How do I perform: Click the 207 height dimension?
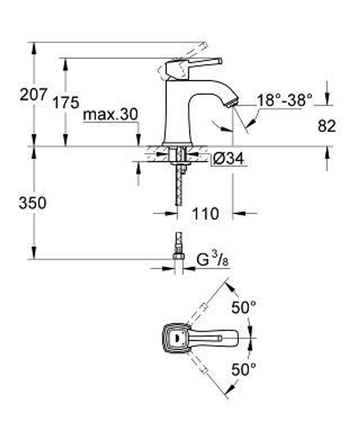point(33,95)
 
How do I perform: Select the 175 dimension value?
point(66,103)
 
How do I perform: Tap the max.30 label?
point(110,115)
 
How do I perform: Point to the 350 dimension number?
point(33,203)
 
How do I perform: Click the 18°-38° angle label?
point(284,100)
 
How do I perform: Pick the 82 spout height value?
point(327,126)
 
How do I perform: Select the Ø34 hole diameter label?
point(227,158)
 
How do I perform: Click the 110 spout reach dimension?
point(205,214)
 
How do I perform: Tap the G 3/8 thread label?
point(213,260)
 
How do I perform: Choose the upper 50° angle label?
point(243,308)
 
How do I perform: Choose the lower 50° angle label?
point(243,370)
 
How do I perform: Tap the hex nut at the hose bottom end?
point(179,256)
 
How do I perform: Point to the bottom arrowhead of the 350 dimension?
point(34,253)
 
